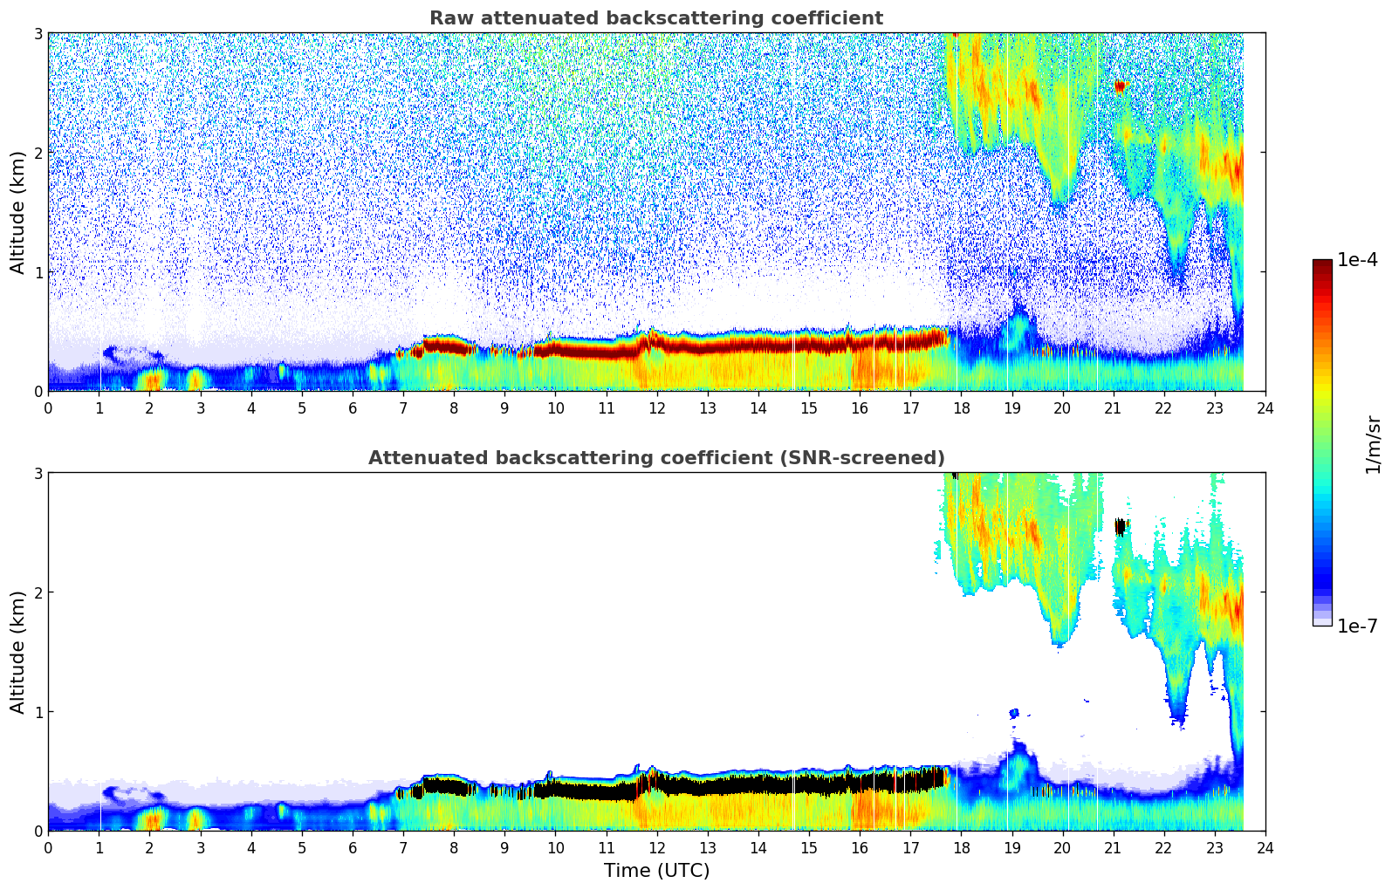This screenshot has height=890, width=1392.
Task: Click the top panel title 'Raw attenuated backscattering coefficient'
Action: (x=655, y=18)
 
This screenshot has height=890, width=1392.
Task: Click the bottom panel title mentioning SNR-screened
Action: (x=655, y=458)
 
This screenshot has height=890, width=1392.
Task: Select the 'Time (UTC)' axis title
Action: (x=656, y=870)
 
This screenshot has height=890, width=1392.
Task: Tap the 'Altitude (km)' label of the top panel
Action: (x=17, y=212)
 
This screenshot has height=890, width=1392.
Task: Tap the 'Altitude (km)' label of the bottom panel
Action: (x=17, y=652)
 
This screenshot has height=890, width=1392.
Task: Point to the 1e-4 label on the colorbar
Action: (x=1356, y=260)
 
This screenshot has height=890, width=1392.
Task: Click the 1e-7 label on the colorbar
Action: (x=1356, y=626)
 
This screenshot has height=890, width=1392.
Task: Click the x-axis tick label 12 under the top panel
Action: (x=656, y=407)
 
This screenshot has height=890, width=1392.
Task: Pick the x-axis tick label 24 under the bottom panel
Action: (x=1265, y=847)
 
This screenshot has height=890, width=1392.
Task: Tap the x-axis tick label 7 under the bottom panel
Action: (x=403, y=847)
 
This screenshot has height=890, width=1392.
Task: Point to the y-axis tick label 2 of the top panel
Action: (x=38, y=153)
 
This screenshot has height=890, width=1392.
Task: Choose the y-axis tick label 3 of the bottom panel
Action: (x=38, y=473)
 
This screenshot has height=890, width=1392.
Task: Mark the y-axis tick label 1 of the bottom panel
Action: (x=38, y=712)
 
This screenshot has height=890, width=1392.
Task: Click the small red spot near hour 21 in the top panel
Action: (x=1120, y=86)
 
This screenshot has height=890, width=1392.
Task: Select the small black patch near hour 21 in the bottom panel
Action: (x=1120, y=526)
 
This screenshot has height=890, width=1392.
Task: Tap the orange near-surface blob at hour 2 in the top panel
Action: (x=152, y=380)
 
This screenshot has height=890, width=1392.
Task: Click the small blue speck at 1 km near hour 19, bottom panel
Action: (x=1013, y=713)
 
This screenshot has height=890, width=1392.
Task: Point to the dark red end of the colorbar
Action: (x=1321, y=264)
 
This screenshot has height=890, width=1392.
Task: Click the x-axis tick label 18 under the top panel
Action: (x=961, y=407)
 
